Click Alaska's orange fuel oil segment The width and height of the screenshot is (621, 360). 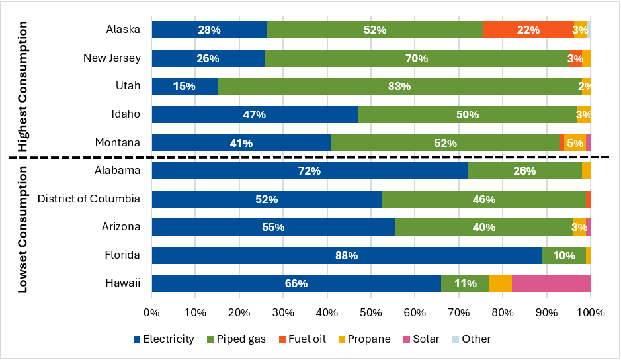coord(527,30)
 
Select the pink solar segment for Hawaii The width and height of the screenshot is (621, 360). coord(551,283)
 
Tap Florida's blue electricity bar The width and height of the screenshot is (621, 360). coord(347,255)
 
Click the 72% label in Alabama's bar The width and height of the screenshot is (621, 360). coord(309,171)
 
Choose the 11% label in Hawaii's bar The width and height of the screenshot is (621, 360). coord(465,283)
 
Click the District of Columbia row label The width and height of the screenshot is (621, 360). coord(89,199)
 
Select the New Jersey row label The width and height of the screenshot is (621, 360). coord(112,58)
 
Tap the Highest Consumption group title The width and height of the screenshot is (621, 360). coord(22,86)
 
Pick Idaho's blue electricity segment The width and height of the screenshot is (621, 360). coord(255,114)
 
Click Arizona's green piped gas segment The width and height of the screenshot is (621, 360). coord(483,227)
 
